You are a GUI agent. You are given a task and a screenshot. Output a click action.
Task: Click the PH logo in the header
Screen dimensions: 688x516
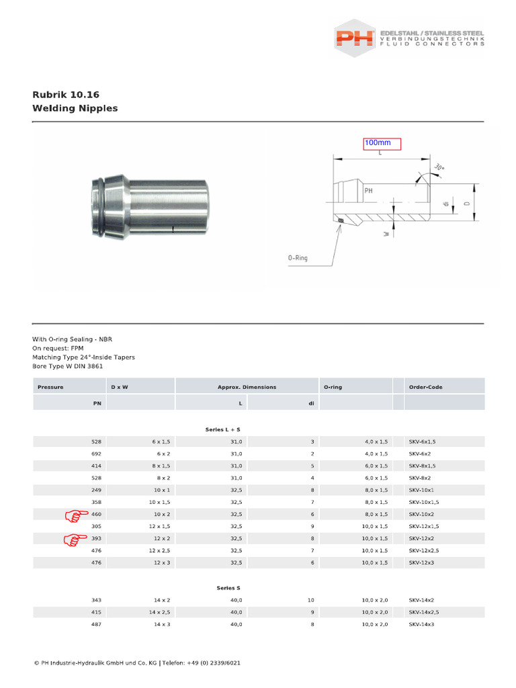click(355, 37)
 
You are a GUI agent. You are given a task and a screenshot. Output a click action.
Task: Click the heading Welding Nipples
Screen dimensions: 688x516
click(75, 108)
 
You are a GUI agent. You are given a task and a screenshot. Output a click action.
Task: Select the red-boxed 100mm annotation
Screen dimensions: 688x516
click(382, 143)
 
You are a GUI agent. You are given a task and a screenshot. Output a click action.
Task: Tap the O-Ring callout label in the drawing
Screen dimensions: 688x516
click(297, 257)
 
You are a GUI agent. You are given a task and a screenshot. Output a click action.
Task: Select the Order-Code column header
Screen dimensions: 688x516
click(425, 387)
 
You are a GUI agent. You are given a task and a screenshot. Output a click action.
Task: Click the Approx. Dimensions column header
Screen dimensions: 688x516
click(247, 387)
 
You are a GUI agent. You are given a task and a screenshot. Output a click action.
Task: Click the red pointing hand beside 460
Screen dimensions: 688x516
click(76, 515)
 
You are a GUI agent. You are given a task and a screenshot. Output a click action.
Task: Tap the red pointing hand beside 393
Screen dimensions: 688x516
click(76, 539)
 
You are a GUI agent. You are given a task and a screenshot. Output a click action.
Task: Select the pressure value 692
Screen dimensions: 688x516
click(96, 454)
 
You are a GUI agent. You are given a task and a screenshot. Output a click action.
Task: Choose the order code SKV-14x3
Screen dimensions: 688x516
click(422, 624)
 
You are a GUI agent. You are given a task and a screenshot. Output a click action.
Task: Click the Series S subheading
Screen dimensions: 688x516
click(228, 587)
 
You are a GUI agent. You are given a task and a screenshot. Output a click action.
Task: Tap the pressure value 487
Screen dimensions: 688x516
click(96, 624)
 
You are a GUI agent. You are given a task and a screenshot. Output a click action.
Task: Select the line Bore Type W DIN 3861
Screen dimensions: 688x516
click(68, 366)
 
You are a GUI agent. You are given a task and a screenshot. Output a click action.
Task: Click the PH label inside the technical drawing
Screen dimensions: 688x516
click(368, 191)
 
